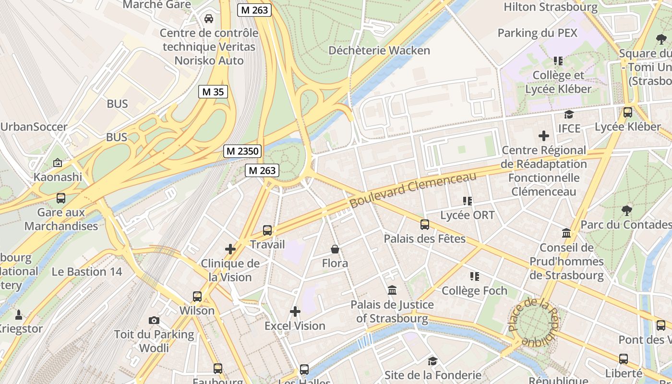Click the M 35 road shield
click(x=213, y=92)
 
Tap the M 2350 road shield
click(x=243, y=151)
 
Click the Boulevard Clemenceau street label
click(x=413, y=190)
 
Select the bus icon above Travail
click(x=267, y=230)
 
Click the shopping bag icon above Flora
click(x=335, y=249)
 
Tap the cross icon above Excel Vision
click(x=295, y=312)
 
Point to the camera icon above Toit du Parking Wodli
click(x=154, y=320)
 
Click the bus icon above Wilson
click(x=197, y=296)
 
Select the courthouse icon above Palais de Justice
click(x=392, y=290)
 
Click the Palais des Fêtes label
click(x=424, y=238)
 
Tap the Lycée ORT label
click(x=467, y=215)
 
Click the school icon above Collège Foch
click(x=474, y=276)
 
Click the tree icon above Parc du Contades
click(x=626, y=210)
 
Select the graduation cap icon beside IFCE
click(x=569, y=114)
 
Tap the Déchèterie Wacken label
click(x=379, y=50)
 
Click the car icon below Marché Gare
click(x=209, y=19)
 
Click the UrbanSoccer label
click(x=34, y=127)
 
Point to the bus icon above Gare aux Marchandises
click(x=61, y=198)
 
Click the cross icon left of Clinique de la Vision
click(x=230, y=249)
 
